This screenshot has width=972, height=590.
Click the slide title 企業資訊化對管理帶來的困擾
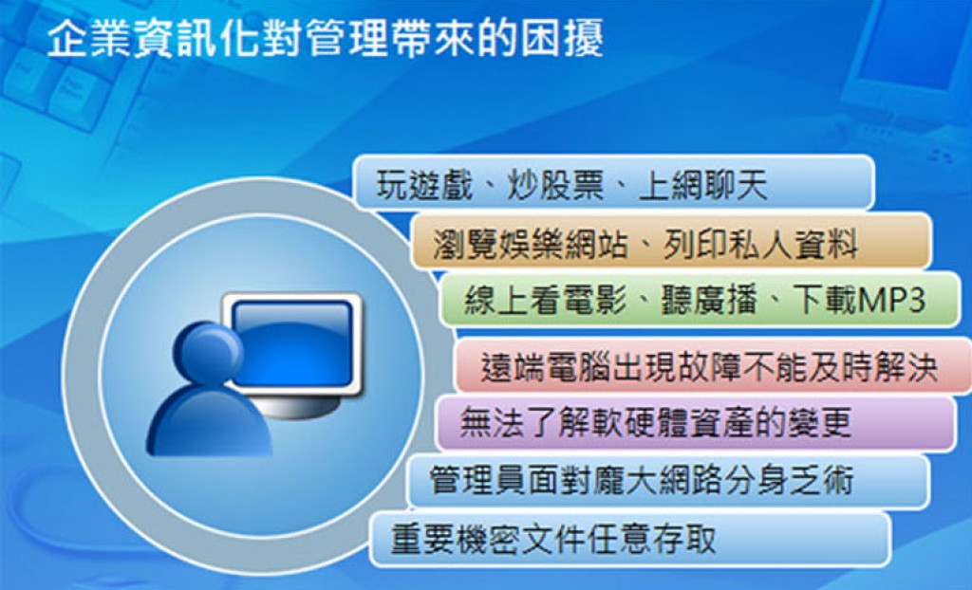pos(325,39)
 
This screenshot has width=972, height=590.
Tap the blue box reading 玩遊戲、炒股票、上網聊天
pos(614,183)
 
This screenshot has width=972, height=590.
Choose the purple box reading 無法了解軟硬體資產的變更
pos(696,423)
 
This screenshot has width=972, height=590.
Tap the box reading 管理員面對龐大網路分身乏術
pos(668,481)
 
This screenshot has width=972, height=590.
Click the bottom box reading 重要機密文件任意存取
pos(630,539)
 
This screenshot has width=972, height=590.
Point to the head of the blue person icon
pos(209,352)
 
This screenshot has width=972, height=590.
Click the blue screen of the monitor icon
pos(292,342)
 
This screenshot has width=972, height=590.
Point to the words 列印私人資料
pos(760,243)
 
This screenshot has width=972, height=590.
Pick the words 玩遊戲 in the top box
pos(424,185)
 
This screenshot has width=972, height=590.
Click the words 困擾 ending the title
pos(562,39)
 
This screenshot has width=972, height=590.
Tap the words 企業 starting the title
pos(88,39)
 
